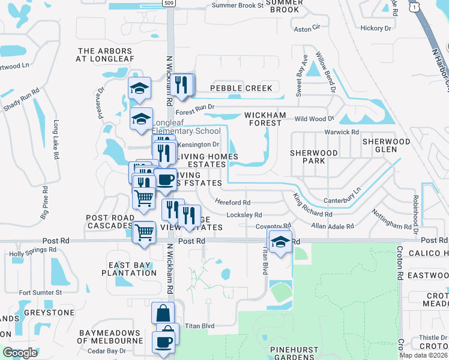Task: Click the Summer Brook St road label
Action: [238, 5]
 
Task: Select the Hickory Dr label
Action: [376, 28]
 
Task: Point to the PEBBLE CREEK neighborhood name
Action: [241, 88]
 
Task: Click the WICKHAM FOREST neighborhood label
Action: [263, 119]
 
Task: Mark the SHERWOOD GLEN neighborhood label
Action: [386, 146]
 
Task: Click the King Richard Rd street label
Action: [312, 205]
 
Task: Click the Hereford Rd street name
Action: [232, 203]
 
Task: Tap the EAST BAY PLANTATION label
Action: [133, 269]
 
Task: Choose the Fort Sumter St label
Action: [40, 292]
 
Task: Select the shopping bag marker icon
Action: [163, 313]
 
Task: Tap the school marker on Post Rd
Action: [280, 242]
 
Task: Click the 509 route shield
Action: [170, 2]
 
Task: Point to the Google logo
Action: [20, 353]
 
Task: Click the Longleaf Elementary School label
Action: [186, 131]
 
